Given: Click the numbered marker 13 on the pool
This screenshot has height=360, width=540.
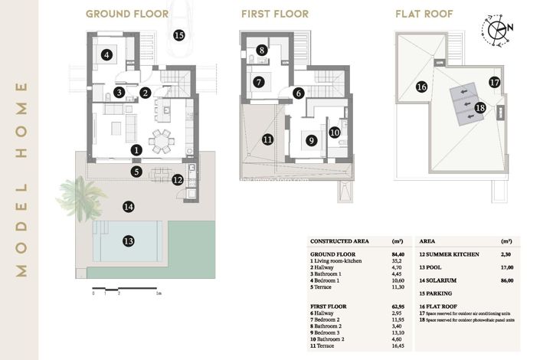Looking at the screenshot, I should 129,241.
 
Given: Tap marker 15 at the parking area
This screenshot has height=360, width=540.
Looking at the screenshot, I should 179,34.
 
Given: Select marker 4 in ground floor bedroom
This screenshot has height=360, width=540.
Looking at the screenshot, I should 107,54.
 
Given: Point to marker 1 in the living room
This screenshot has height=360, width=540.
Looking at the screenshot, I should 136,150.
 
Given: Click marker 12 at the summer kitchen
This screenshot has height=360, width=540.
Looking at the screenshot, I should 178,181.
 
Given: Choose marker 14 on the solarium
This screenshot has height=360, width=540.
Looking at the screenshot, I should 128,206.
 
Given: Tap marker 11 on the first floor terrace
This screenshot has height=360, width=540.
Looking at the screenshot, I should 267,139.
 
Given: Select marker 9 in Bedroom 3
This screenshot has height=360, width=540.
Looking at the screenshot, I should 310,140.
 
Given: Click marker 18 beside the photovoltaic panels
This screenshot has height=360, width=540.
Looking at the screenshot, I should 480,108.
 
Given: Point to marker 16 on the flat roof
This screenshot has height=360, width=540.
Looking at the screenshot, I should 421,87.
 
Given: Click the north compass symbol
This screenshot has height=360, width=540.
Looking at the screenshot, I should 499,29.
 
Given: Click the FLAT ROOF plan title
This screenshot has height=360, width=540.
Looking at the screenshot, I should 425,14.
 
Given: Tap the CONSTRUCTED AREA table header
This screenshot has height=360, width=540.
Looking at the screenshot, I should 339,241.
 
